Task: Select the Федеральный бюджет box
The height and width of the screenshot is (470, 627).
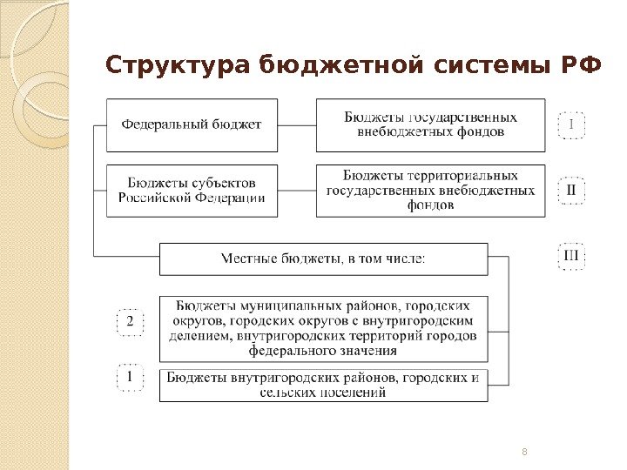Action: [191, 124]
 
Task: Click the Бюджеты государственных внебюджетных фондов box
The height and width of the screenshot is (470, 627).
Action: [430, 124]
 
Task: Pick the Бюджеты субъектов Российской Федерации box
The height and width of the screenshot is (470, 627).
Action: [191, 191]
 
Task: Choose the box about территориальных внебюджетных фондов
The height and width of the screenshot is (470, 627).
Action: [430, 191]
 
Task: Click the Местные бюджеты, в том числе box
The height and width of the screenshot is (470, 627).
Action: [323, 258]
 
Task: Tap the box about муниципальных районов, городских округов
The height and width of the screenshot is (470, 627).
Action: [323, 329]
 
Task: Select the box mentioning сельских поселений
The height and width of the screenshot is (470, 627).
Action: [323, 385]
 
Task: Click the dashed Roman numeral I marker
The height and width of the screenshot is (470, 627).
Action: [571, 124]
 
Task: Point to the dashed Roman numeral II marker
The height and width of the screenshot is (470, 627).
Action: [571, 190]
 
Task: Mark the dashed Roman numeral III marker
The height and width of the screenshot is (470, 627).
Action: [571, 256]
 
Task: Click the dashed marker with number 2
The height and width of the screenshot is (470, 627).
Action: [130, 323]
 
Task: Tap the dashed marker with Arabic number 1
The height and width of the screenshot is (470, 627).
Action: [130, 378]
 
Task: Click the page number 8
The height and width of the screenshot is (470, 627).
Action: [524, 451]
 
